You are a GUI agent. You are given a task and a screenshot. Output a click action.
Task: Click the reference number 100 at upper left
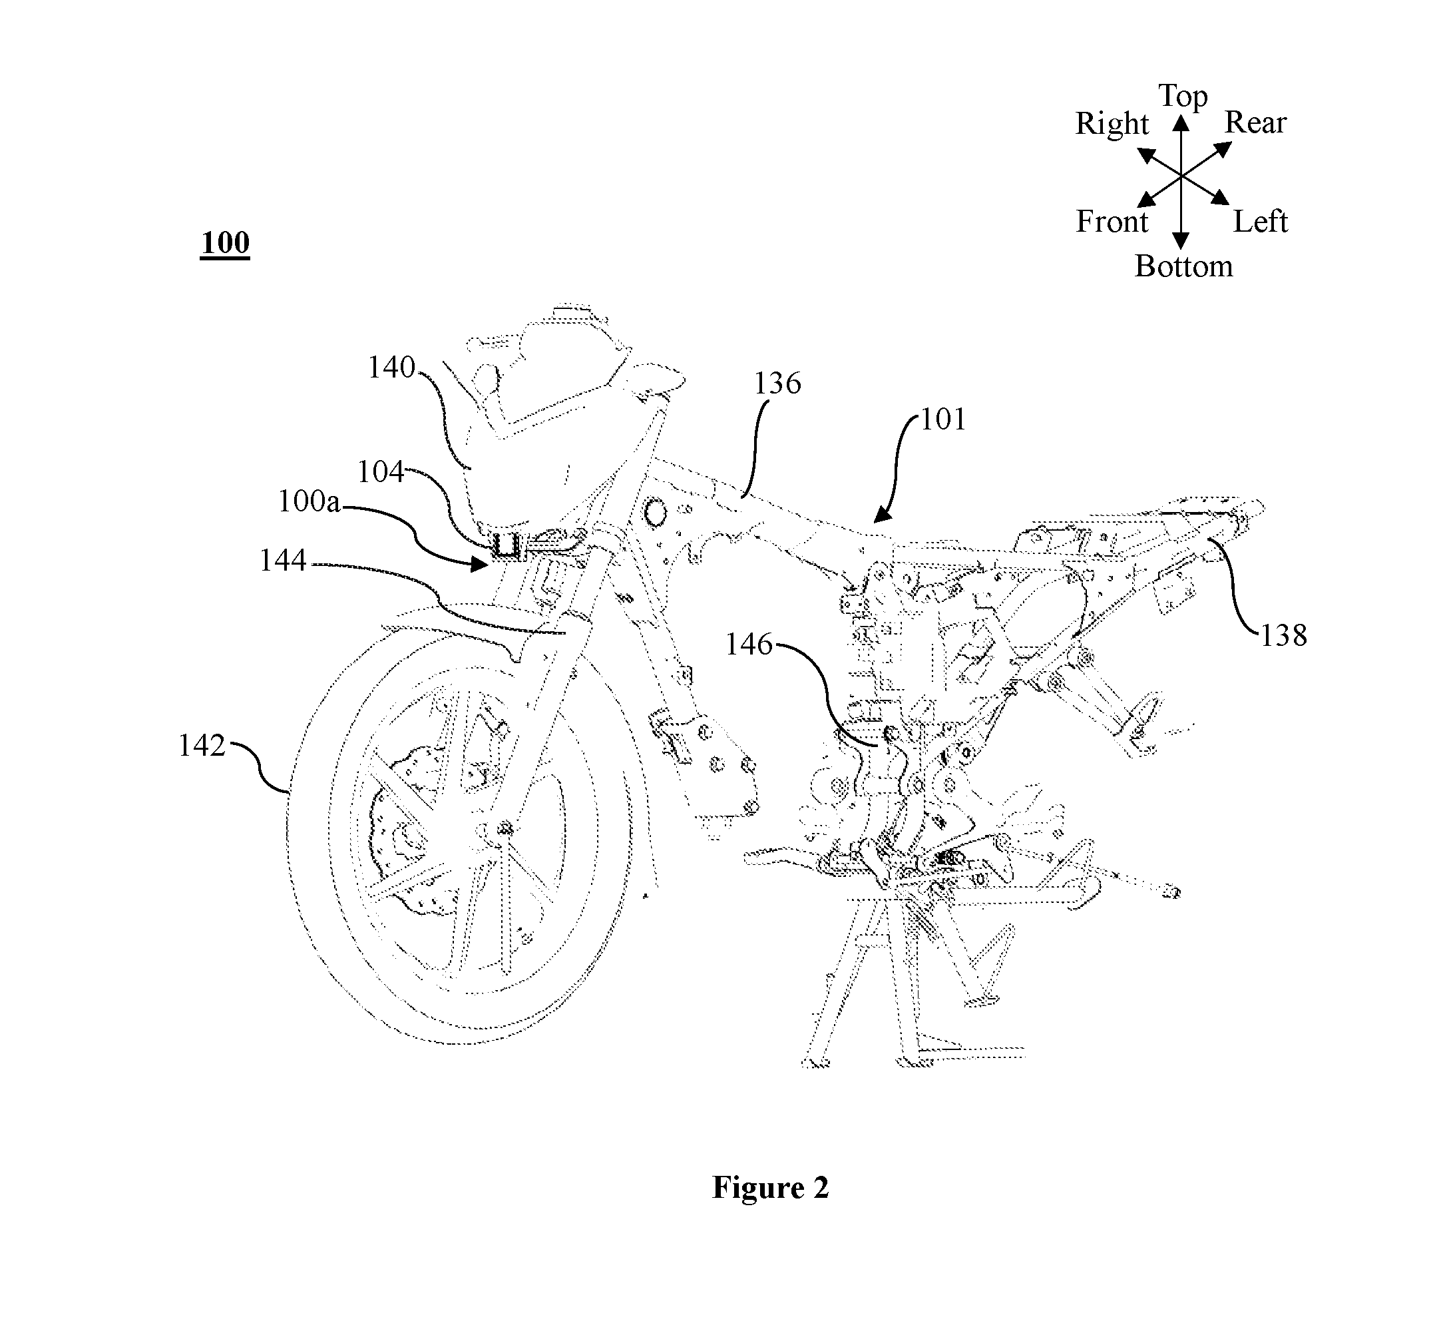coord(225,243)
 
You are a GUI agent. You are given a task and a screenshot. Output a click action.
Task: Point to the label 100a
coord(309,501)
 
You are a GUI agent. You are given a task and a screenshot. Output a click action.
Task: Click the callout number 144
coord(283,560)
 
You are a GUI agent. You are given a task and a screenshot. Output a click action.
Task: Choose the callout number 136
coord(777,384)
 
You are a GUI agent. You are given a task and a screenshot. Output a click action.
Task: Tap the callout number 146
coord(749,644)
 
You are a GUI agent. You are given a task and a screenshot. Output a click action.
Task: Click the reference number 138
coord(1284,635)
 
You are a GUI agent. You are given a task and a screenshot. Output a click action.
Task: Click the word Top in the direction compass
coord(1183,97)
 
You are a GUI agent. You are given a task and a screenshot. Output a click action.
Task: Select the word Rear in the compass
coord(1255,123)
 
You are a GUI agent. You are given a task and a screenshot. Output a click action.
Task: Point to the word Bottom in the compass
coord(1184,266)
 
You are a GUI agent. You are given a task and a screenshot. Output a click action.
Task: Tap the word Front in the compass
coord(1112,221)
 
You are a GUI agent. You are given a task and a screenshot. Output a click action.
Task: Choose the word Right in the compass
coord(1112,125)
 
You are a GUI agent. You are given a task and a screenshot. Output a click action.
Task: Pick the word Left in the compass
coord(1261,221)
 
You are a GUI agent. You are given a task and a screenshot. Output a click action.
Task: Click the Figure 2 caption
coord(771,1188)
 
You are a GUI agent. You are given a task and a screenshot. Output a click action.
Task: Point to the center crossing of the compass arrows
coord(1181,176)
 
